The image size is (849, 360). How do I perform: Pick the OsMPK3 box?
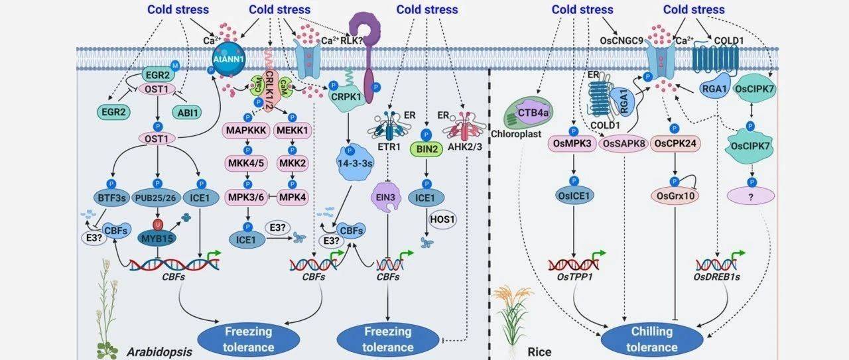[571, 144]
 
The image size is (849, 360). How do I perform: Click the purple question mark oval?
[752, 196]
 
